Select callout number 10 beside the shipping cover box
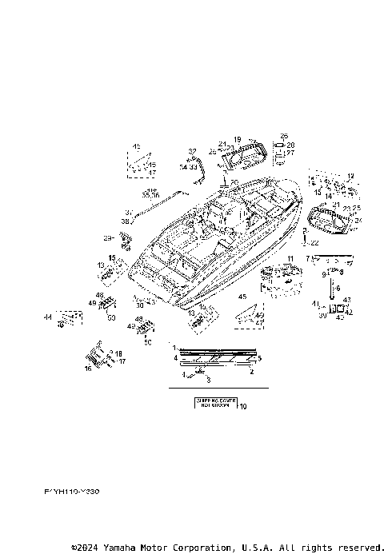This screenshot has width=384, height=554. (243, 406)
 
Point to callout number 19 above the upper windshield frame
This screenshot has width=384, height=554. (237, 139)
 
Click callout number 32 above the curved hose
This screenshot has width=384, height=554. (192, 151)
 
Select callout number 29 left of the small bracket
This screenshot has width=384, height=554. (106, 238)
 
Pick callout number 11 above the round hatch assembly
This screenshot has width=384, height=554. (290, 258)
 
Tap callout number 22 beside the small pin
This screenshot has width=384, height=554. (314, 242)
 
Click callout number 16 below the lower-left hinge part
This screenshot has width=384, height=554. (87, 369)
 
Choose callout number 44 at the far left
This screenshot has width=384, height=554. (47, 317)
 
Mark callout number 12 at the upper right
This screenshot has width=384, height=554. (350, 175)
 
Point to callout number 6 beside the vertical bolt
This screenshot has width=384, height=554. (337, 289)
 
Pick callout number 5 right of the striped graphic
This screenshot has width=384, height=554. (258, 358)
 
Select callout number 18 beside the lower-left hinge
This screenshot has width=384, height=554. (118, 353)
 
